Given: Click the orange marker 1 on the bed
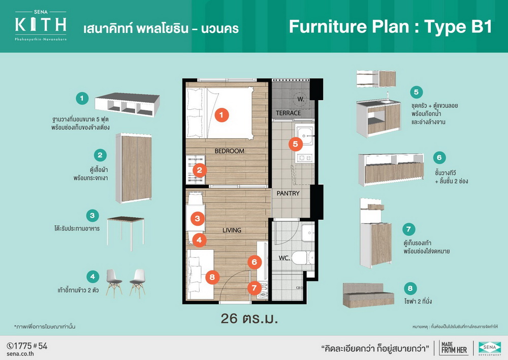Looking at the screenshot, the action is coord(221,115).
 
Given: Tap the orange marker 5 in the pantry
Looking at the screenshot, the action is coord(296,144).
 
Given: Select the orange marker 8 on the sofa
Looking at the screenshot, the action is coord(212,277).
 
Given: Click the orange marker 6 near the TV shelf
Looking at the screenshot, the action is coord(255,262).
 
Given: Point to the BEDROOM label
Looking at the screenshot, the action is coord(230,151).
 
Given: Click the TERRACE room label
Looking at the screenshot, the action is coord(289,113).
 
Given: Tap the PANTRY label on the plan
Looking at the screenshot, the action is coord(288,193).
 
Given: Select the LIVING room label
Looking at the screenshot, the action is coord(232,230).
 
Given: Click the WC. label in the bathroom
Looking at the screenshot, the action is coord(284,258).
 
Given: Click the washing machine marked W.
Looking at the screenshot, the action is coord(301,99).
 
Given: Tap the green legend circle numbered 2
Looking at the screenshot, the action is coord(100,155).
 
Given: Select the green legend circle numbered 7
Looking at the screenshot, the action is coord(408,229).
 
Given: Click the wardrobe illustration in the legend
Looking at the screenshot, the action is coord(134,168).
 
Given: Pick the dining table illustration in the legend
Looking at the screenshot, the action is coord(125,232).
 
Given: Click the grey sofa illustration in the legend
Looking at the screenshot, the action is coord(368,295).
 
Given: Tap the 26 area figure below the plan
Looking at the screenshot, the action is coord(229,318).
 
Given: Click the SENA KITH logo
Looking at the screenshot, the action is coord(41,25).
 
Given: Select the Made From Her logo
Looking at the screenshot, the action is coord(454,348).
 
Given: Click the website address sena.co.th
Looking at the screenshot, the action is coord(20,354).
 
